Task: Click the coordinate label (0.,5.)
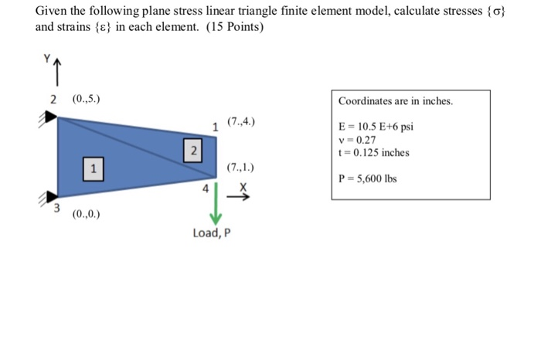coord(85,99)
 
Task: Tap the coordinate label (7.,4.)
coord(240,122)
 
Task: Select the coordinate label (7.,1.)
coord(240,167)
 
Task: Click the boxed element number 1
coord(93,167)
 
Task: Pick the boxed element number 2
coord(194,148)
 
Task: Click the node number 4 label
coord(205,188)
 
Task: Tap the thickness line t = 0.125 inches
coord(374,152)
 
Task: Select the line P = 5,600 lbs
coord(368,178)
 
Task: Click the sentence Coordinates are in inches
coord(396,101)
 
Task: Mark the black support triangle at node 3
coord(49,195)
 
